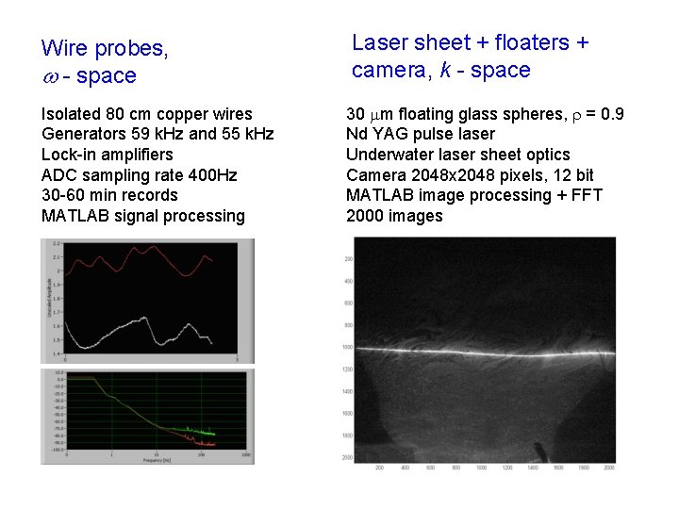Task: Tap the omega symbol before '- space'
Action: (x=49, y=76)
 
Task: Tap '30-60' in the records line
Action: (x=62, y=195)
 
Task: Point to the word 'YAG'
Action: (x=386, y=134)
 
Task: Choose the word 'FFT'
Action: (x=584, y=195)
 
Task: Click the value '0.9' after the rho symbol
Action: (x=610, y=114)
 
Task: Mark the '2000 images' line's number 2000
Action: (x=365, y=216)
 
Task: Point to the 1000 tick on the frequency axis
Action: (x=245, y=456)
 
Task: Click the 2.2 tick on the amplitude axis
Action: (x=58, y=243)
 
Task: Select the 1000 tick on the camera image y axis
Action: (x=346, y=347)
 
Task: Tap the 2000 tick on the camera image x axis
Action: (x=608, y=467)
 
